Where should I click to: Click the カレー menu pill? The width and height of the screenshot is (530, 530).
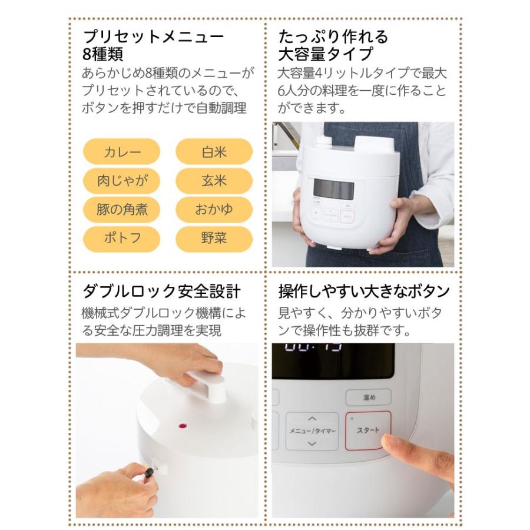coord(122,151)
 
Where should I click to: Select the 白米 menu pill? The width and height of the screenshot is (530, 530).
coord(214,151)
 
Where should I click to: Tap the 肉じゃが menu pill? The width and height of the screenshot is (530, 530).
coord(122,180)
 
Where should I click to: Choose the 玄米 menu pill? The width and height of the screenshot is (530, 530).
coord(214,180)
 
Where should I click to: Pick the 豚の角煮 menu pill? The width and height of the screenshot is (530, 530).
coord(122,209)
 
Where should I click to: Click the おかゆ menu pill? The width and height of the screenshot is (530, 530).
coord(214,209)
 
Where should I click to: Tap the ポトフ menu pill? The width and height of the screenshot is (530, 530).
coord(122,238)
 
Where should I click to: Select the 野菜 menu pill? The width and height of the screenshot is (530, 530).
coord(214,238)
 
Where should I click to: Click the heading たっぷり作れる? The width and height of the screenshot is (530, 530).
coord(333,37)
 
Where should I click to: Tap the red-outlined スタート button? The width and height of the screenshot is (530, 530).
coord(367,430)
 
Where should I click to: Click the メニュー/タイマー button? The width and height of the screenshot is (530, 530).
coord(312,431)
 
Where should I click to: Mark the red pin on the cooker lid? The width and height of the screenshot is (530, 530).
coord(181,425)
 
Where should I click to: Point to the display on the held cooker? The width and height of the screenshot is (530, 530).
coord(333,189)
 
